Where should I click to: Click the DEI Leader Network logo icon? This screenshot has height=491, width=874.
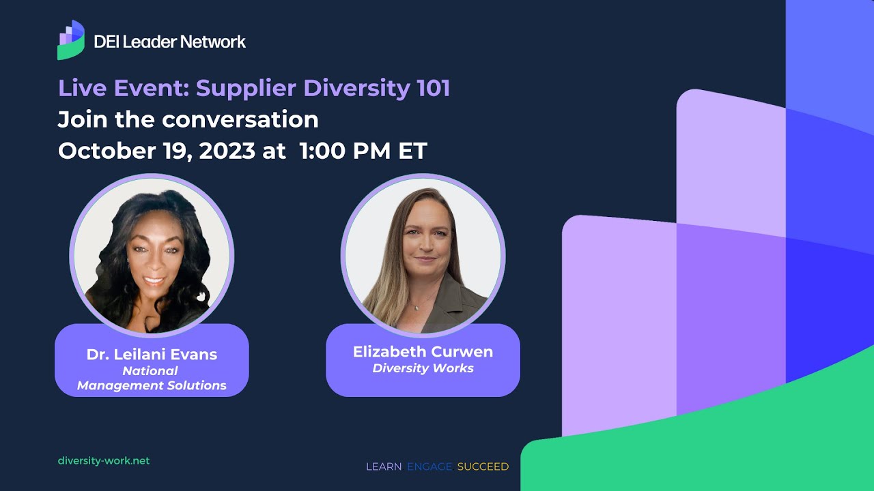tap(71, 40)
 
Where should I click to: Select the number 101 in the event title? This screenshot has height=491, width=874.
tap(431, 89)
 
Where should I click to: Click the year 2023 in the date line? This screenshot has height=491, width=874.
tap(227, 151)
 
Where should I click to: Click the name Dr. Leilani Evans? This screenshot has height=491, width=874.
tap(152, 355)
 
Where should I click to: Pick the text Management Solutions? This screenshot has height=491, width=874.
tap(152, 385)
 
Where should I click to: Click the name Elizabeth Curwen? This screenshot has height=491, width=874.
tap(423, 352)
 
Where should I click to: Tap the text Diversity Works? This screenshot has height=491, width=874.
tap(423, 368)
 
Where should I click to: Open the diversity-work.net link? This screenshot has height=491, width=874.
tap(104, 461)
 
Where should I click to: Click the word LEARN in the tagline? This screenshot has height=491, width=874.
tap(384, 466)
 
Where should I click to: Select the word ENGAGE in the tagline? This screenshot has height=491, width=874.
tap(429, 466)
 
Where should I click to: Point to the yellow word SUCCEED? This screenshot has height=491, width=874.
tap(483, 466)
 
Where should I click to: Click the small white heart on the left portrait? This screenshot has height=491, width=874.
tap(201, 297)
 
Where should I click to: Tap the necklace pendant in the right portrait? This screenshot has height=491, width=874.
tap(414, 308)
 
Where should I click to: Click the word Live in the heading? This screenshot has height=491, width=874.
tap(80, 89)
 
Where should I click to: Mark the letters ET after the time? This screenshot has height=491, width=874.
tap(413, 151)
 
